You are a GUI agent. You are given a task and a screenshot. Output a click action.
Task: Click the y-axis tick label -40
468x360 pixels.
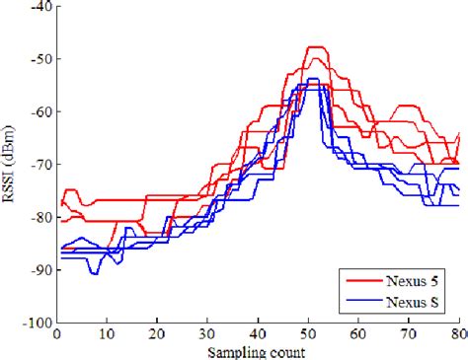click(x=43, y=7)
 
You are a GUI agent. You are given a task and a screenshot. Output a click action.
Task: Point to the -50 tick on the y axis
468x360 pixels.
click(x=43, y=59)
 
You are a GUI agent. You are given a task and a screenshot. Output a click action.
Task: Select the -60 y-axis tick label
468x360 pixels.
click(x=43, y=111)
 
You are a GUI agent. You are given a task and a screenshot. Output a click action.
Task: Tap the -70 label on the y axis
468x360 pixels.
click(x=43, y=164)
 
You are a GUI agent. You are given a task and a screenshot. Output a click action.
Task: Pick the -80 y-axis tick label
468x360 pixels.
click(x=43, y=217)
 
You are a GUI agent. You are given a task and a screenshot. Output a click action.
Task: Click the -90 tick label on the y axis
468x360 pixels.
click(x=43, y=269)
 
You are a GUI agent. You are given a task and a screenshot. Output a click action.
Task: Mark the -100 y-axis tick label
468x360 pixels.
click(x=40, y=322)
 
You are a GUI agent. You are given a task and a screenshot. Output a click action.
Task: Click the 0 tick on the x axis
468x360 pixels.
click(x=59, y=335)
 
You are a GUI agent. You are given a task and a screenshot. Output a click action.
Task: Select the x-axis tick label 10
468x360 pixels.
click(x=109, y=335)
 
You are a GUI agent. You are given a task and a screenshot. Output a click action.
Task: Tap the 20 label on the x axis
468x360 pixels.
click(x=158, y=335)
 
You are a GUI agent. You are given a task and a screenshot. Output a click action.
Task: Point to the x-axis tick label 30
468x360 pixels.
click(x=208, y=335)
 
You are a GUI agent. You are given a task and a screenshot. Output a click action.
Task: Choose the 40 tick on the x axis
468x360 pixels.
click(x=259, y=335)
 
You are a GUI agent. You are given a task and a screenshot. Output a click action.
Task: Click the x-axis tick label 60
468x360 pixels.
click(x=358, y=335)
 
